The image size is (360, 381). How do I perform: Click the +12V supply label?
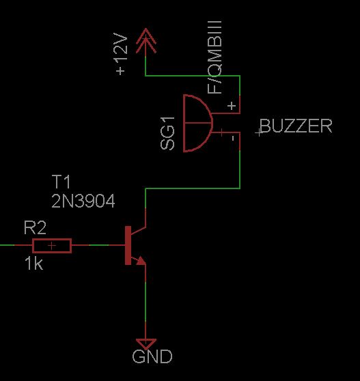pyautogui.click(x=121, y=54)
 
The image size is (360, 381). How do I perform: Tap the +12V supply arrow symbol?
pyautogui.click(x=146, y=41)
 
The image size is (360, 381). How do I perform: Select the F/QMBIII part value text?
pyautogui.click(x=214, y=57)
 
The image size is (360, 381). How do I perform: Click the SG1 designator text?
pyautogui.click(x=167, y=133)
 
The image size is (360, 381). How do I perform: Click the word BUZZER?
pyautogui.click(x=296, y=126)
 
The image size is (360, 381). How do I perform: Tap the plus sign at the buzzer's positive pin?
pyautogui.click(x=232, y=106)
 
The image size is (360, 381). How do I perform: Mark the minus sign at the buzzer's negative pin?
pyautogui.click(x=233, y=139)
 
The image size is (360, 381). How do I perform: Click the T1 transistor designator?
pyautogui.click(x=61, y=182)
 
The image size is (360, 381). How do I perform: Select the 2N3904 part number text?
pyautogui.click(x=83, y=201)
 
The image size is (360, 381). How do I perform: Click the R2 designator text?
pyautogui.click(x=35, y=227)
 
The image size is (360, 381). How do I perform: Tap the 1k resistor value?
pyautogui.click(x=33, y=264)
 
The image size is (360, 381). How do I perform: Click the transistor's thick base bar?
pyautogui.click(x=128, y=245)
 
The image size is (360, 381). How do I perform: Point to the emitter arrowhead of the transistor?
pyautogui.click(x=141, y=261)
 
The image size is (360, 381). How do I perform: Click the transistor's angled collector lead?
pyautogui.click(x=138, y=231)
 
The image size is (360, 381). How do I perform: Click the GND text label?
pyautogui.click(x=152, y=356)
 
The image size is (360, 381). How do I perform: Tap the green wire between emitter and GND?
pyautogui.click(x=146, y=301)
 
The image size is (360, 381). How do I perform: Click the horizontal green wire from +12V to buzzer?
pyautogui.click(x=193, y=76)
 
